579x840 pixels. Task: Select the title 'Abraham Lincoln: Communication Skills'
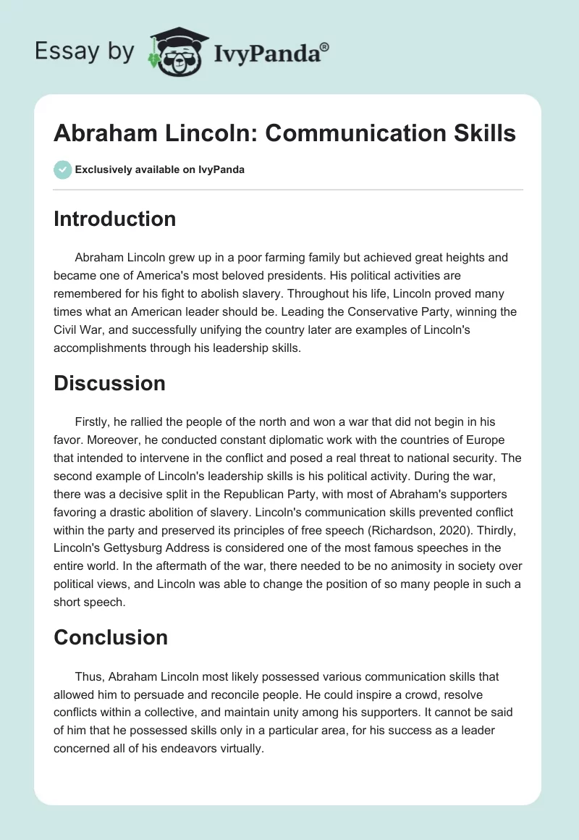(x=284, y=133)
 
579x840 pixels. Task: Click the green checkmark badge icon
(x=62, y=169)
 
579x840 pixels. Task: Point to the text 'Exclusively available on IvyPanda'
(x=160, y=169)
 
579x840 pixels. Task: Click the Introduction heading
(x=114, y=219)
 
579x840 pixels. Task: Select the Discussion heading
(x=109, y=383)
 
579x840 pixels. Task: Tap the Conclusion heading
(x=110, y=637)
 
